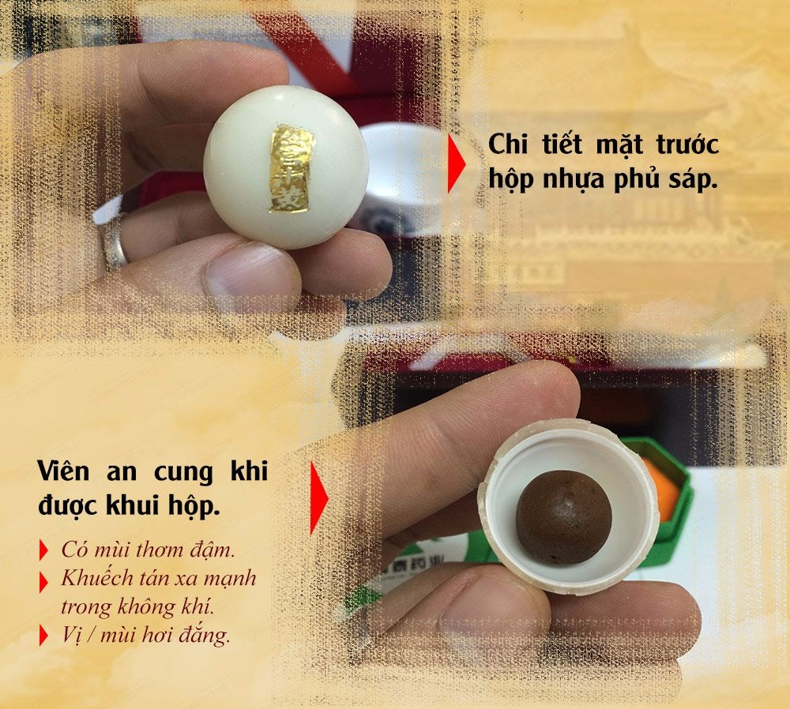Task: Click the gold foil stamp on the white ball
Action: click(291, 168)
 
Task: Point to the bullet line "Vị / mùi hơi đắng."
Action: click(145, 636)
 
